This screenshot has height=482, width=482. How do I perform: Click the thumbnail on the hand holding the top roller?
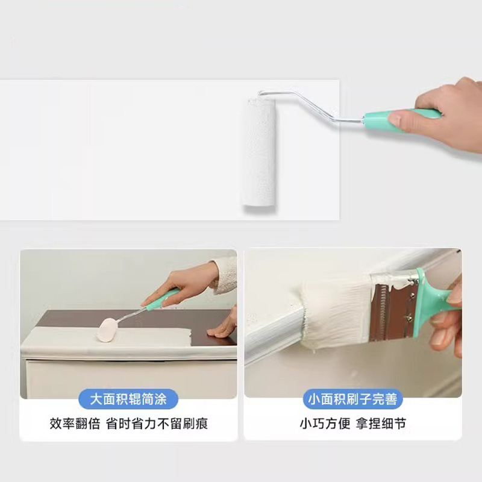coord(395,117)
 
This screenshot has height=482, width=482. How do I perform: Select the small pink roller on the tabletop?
coord(107,329)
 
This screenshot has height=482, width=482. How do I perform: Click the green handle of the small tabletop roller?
coord(162,298)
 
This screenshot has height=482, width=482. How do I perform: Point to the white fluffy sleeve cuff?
coord(225,276)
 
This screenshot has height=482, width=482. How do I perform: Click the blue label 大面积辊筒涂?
coord(128,399)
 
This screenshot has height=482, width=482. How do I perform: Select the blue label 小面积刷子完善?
coord(352,399)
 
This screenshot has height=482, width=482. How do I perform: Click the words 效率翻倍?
coord(75,424)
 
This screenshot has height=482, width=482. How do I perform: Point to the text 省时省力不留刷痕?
coord(157,424)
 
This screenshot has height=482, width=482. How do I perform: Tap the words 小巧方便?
coord(325,424)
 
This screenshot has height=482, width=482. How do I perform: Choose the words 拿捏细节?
coord(381,424)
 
